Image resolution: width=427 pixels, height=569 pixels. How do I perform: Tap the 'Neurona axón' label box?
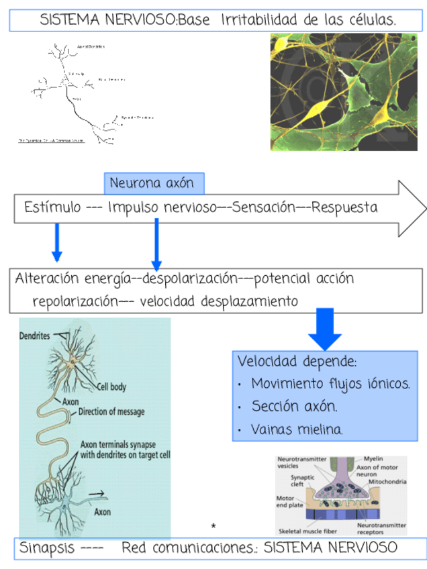[x=153, y=183]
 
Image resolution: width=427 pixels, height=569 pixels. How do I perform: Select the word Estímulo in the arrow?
[x=52, y=207]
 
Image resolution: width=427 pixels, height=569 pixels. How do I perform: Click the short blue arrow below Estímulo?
[x=57, y=243]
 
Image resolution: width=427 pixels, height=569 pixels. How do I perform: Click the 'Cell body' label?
[x=111, y=386]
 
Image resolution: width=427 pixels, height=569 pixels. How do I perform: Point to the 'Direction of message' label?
[x=111, y=412]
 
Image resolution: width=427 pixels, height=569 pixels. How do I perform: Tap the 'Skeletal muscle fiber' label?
[x=310, y=529]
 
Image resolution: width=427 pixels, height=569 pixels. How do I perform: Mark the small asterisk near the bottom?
[x=213, y=525]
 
